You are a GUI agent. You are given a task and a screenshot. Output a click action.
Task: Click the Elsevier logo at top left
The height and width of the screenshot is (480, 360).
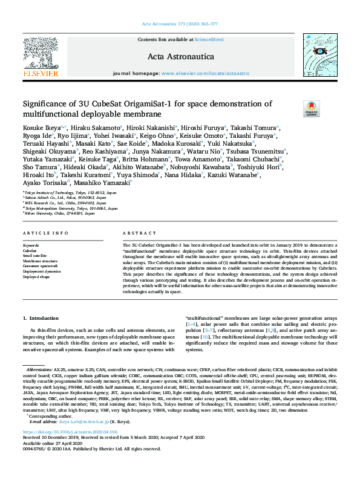pyautogui.click(x=41, y=57)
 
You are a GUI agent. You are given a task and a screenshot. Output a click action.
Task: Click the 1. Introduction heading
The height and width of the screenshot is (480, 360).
pyautogui.click(x=41, y=317)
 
